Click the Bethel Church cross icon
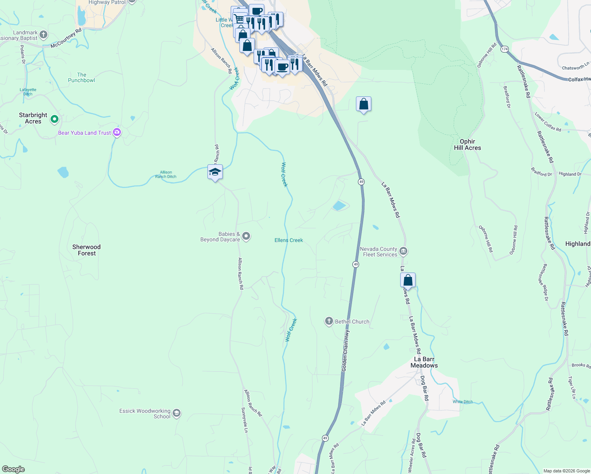(329, 321)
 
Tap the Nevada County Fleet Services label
(379, 252)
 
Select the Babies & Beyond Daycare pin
(246, 237)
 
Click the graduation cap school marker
(215, 172)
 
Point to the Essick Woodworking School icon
(177, 413)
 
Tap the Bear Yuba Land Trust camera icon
(117, 132)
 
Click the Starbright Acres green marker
(55, 118)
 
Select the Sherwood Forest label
(87, 250)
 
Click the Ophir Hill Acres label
(467, 145)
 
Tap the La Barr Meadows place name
(424, 362)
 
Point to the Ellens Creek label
(289, 240)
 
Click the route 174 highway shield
(504, 49)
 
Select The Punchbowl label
(81, 77)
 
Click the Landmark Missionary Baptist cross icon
(43, 35)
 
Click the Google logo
(13, 469)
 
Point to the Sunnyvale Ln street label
(245, 419)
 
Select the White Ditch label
(463, 402)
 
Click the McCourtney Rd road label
(66, 38)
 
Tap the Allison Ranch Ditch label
(166, 175)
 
